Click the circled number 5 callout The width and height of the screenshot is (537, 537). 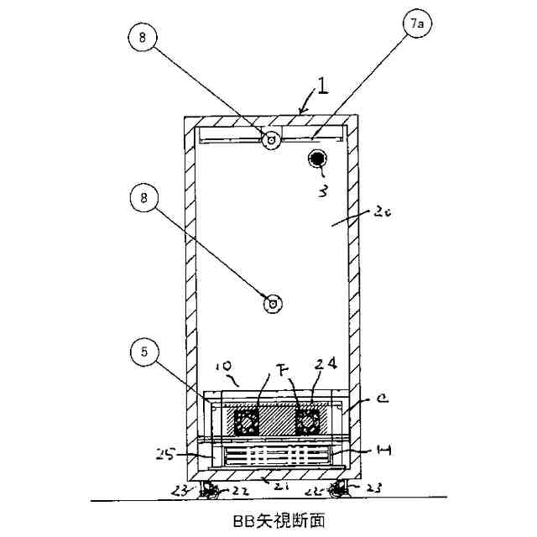pyautogui.click(x=146, y=352)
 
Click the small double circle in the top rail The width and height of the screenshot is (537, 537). pyautogui.click(x=271, y=141)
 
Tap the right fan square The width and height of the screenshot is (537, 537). pyautogui.click(x=308, y=420)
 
